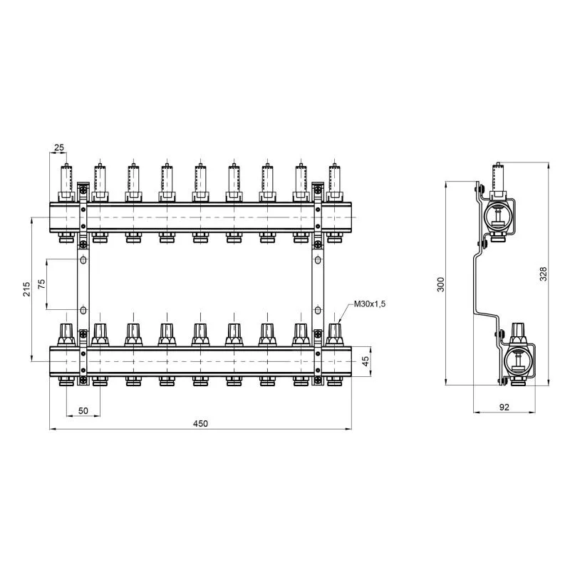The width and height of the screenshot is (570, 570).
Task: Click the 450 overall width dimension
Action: click(x=200, y=423)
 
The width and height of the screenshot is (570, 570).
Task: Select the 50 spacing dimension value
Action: click(x=83, y=410)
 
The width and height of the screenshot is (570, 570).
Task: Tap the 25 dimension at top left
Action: click(x=59, y=147)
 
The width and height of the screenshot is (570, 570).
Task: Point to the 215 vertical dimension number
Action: click(x=27, y=289)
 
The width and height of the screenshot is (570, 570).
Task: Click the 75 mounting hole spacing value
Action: click(x=42, y=284)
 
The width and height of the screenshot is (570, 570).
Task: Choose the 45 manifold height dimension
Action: click(x=366, y=361)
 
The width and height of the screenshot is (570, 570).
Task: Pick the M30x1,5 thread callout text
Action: click(x=369, y=304)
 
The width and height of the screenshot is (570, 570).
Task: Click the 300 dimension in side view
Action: click(x=440, y=284)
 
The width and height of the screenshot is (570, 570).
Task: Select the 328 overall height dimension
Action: click(x=543, y=274)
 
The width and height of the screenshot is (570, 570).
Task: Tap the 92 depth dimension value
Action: click(x=504, y=407)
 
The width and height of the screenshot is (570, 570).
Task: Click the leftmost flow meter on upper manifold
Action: click(x=66, y=182)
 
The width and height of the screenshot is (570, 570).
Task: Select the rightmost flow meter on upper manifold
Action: click(x=334, y=182)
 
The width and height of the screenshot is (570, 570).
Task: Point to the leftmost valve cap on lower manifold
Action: click(x=66, y=334)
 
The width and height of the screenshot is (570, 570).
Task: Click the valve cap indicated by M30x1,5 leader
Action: click(x=334, y=334)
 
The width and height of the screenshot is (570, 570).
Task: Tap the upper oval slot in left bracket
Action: click(x=83, y=260)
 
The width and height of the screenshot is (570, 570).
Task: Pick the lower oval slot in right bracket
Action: click(x=318, y=310)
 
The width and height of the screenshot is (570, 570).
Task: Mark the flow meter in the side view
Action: click(x=498, y=181)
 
